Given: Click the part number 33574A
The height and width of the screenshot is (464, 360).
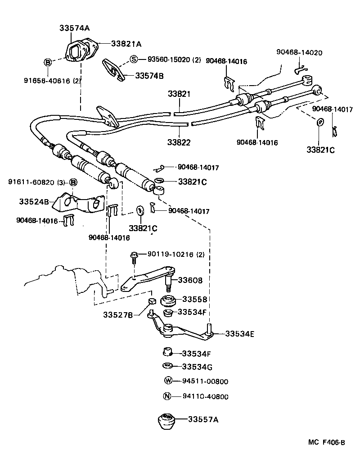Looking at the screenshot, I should click(75, 28).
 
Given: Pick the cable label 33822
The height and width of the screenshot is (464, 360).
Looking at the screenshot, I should click(179, 142).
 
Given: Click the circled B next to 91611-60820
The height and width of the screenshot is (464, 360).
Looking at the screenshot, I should click(73, 182).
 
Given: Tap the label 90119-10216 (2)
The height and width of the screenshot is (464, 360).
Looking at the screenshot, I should click(176, 255).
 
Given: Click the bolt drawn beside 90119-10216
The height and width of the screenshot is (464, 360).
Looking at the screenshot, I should click(134, 257).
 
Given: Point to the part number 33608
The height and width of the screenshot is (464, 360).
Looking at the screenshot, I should click(190, 280).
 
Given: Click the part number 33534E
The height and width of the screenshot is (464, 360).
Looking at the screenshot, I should click(240, 334).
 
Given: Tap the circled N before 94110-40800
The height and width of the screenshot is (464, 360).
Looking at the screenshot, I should click(167, 396).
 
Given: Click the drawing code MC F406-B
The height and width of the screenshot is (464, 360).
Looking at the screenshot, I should click(326, 442).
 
